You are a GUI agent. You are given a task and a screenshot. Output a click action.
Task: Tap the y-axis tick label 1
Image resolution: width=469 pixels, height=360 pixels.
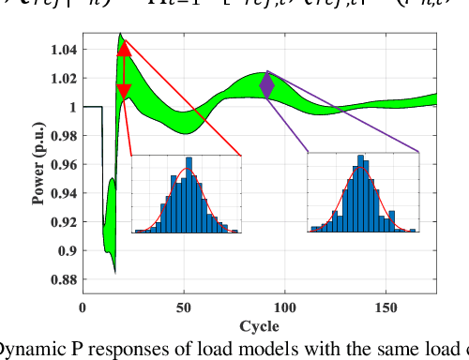72,108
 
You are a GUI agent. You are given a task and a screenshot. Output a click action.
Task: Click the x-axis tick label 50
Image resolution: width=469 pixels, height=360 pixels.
184,307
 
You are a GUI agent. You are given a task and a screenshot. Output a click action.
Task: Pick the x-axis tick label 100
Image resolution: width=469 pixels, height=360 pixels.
285,307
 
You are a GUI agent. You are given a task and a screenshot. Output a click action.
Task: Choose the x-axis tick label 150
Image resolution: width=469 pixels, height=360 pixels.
386,307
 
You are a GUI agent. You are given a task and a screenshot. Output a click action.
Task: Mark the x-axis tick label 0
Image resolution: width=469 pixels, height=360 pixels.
83,307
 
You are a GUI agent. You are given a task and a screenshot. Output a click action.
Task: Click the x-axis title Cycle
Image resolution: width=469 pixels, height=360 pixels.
259,325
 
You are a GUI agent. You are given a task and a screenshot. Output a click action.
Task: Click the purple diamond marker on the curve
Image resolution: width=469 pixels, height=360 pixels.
266,85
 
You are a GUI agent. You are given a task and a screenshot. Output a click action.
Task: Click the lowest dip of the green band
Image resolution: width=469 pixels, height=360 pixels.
113,270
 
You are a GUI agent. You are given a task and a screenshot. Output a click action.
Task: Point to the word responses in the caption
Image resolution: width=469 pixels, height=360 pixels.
119,350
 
